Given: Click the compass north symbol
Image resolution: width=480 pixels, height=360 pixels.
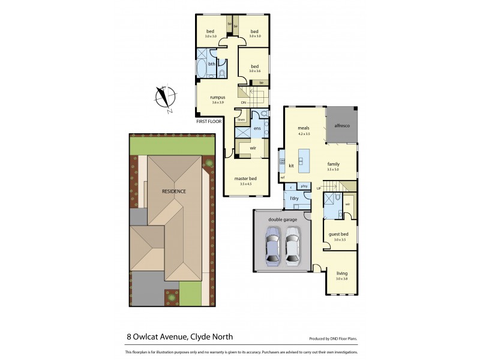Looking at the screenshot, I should [x=164, y=99].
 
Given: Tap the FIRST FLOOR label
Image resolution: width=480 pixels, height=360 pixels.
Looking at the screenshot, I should [x=209, y=121].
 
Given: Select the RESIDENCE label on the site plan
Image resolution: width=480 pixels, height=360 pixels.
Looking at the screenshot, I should [x=173, y=191].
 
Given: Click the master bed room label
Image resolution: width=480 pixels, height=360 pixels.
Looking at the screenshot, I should [x=247, y=179].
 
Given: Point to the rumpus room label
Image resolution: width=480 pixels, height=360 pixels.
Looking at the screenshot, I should [x=217, y=97].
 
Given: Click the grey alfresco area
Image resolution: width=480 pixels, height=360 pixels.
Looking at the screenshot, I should [x=341, y=126].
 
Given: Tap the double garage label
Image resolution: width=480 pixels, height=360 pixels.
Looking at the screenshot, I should [x=283, y=219].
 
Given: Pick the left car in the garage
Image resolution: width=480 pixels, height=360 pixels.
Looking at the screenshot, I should [x=273, y=247].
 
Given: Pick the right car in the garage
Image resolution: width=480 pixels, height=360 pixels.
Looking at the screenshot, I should [x=292, y=247].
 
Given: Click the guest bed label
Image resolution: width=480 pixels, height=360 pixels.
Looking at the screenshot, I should [x=340, y=235].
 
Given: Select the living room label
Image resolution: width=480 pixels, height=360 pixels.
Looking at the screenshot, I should [x=341, y=274].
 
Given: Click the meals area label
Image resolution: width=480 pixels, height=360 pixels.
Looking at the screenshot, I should [x=304, y=128].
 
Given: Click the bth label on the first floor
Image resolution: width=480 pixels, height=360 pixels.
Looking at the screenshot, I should [x=211, y=64].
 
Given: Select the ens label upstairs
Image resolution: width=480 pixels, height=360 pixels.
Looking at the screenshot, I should [x=256, y=128].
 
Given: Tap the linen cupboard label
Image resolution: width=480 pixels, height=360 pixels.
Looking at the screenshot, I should [x=241, y=120].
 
